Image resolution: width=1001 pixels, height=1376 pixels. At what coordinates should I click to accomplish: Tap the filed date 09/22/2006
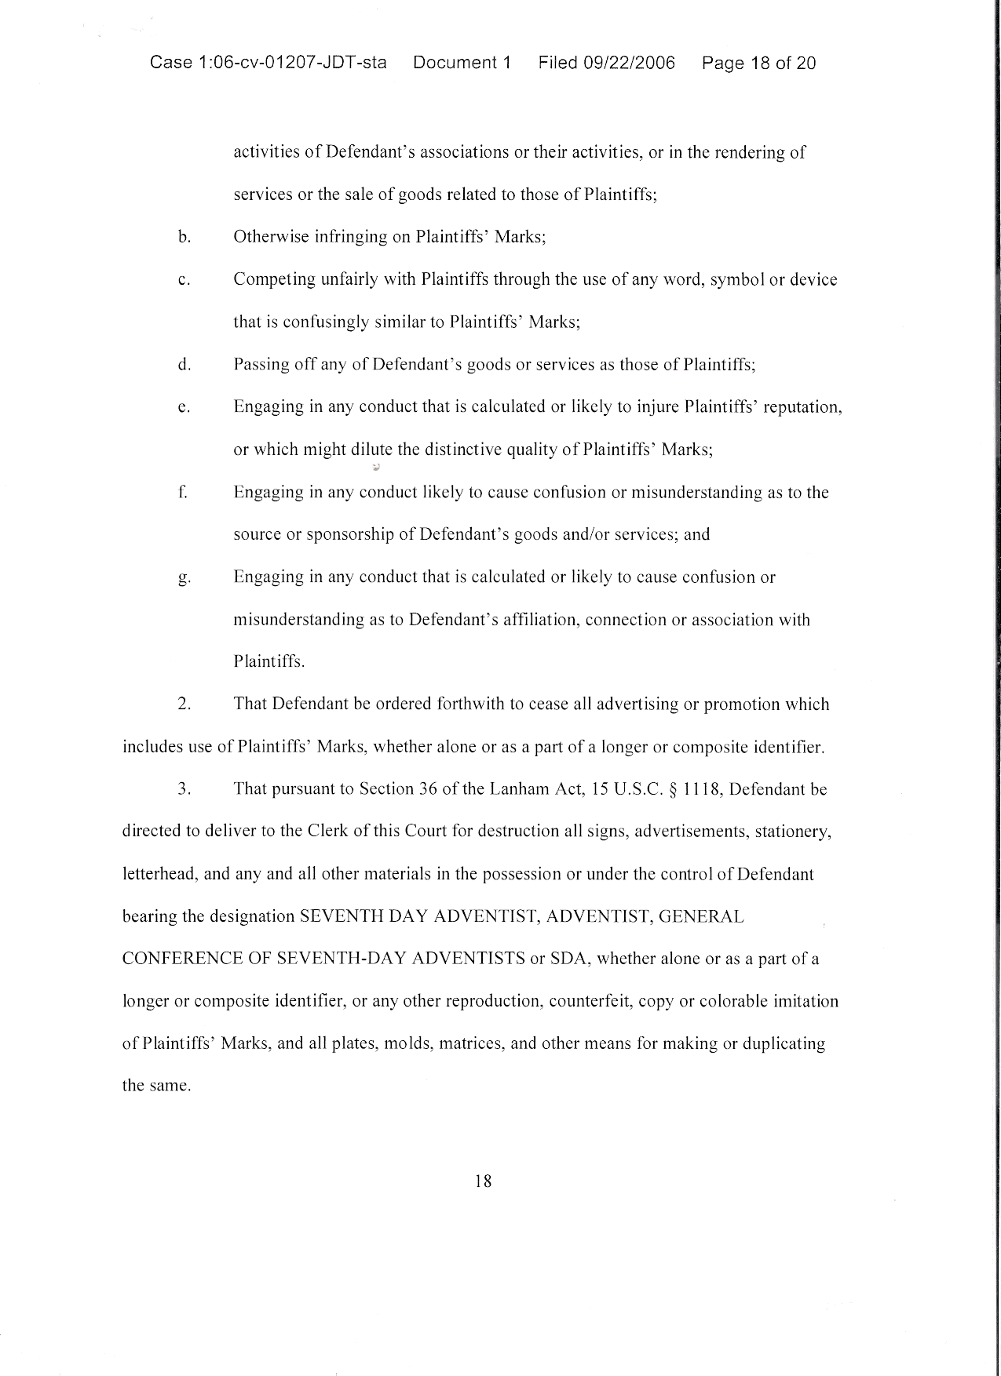[x=629, y=63]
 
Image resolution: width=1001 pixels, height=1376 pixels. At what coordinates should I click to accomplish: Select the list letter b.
[x=184, y=237]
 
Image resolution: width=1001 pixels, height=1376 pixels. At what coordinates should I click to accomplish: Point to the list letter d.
[x=184, y=365]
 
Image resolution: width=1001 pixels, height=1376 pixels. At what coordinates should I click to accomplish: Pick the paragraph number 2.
[x=185, y=704]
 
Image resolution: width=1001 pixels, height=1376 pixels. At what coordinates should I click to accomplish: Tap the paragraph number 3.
[x=185, y=789]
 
